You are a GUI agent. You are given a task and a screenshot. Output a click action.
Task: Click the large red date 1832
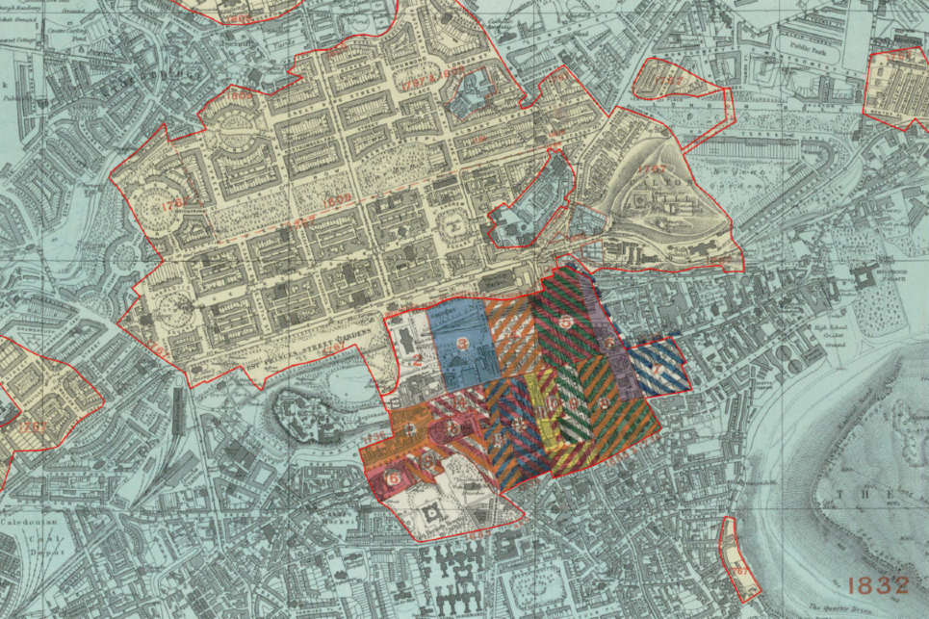coord(877,584)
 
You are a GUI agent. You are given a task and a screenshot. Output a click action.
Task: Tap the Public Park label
coord(807,44)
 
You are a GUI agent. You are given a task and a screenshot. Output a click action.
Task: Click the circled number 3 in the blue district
coord(463,343)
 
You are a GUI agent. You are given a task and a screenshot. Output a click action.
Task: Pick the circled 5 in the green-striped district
coord(567,322)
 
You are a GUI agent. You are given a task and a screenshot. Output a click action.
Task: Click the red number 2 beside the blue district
coord(417,362)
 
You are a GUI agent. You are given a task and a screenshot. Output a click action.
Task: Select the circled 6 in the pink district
coord(392,475)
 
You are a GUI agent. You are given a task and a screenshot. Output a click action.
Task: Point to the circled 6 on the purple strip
coord(608,343)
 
